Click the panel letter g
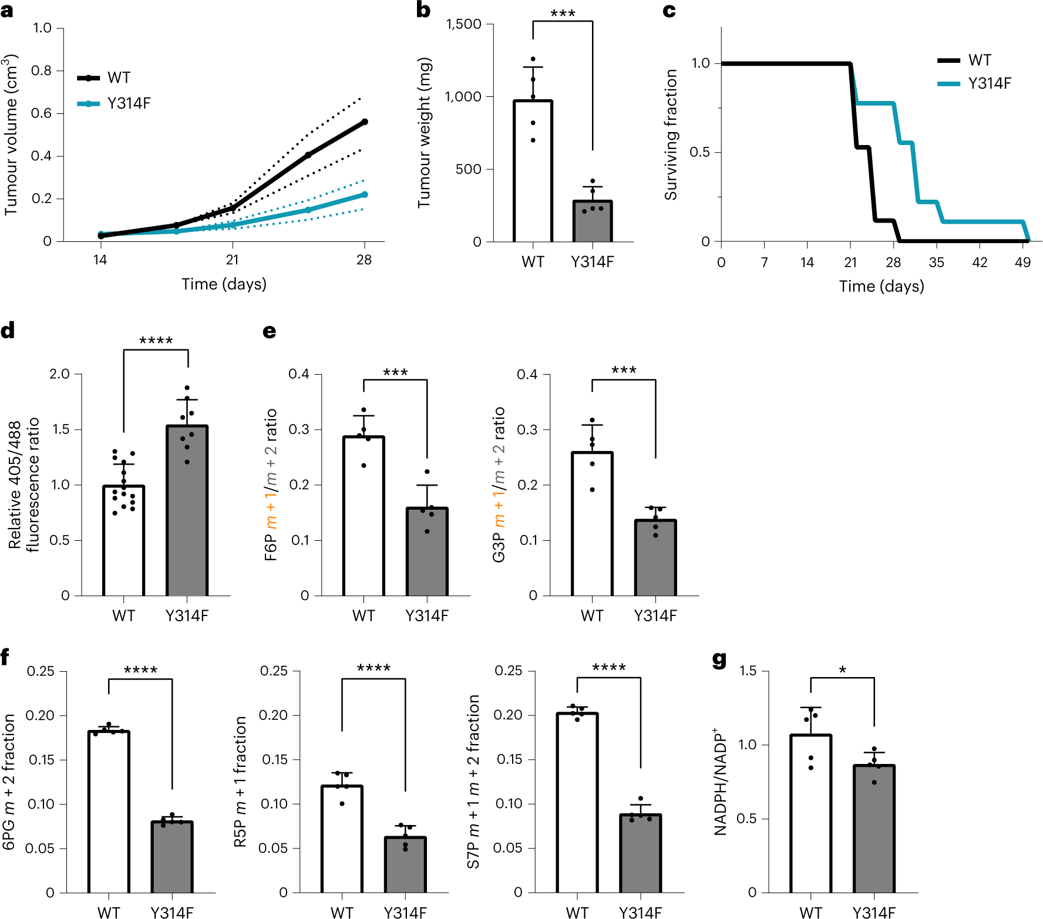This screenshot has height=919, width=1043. tap(719, 660)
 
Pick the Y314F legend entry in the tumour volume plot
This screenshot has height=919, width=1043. tap(129, 103)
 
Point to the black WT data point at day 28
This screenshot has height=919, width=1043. tap(365, 122)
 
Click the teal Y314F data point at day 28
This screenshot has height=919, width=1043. tap(365, 194)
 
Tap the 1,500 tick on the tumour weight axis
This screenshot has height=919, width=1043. tap(463, 24)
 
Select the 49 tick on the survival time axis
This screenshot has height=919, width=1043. tap(1022, 262)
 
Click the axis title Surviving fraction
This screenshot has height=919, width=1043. tap(671, 135)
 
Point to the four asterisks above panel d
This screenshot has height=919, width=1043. tap(156, 341)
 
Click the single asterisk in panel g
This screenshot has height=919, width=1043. tap(842, 669)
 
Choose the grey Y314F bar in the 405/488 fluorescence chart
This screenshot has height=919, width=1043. tap(187, 511)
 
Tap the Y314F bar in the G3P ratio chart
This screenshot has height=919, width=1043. tap(655, 558)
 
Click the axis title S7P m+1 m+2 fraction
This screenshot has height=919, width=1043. tap(473, 782)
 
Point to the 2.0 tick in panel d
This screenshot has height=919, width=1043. tap(59, 374)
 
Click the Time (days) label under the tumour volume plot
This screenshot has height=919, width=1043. tap(224, 284)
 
